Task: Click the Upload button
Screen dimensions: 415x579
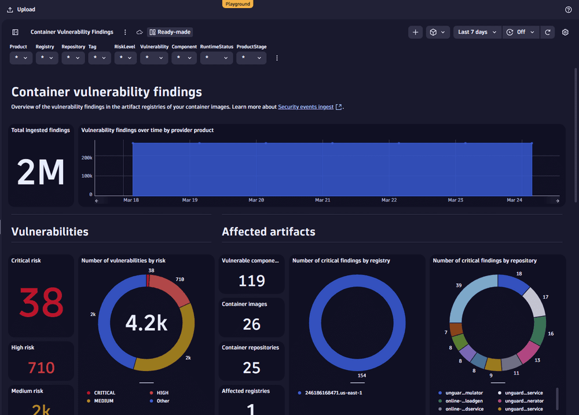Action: click(21, 9)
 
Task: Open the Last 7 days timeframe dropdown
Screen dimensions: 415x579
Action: click(477, 32)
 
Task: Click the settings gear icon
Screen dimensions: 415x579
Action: click(565, 32)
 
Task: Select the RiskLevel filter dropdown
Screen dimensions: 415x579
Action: click(125, 58)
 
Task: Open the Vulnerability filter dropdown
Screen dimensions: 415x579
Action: click(154, 58)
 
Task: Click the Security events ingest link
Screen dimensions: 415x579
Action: click(306, 107)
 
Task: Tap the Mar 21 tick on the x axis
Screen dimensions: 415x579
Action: click(323, 200)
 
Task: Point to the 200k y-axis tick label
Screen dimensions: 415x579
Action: click(87, 157)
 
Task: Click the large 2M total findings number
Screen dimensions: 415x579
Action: click(41, 172)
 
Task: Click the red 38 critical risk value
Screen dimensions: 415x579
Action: click(41, 302)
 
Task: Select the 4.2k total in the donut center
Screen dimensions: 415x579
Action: click(146, 323)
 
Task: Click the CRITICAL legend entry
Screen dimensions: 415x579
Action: click(104, 393)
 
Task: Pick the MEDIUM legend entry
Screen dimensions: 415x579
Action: click(103, 401)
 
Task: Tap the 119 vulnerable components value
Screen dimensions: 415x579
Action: click(252, 281)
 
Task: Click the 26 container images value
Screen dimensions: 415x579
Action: click(252, 324)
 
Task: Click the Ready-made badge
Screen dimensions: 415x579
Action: click(170, 32)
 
